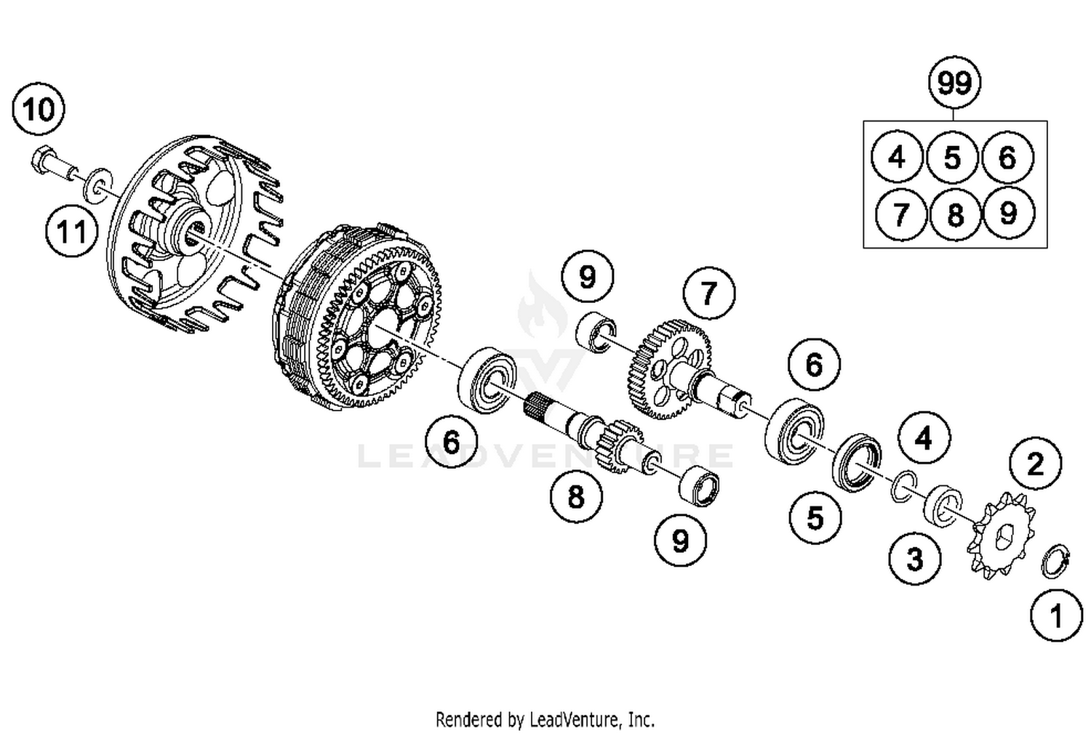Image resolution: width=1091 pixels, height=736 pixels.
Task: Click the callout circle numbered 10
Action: [39, 110]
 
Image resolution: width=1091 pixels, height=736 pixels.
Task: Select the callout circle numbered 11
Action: [71, 232]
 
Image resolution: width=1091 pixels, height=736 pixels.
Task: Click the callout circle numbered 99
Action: [954, 84]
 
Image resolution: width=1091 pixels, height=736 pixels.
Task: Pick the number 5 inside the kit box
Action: [952, 158]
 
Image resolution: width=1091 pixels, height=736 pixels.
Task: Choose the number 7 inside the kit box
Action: [900, 214]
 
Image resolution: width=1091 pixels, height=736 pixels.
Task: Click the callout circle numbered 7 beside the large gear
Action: [709, 294]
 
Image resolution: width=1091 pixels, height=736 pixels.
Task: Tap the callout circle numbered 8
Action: [576, 497]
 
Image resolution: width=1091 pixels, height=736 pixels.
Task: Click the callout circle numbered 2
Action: [1035, 463]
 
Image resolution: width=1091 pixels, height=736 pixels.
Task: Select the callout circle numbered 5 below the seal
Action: [815, 517]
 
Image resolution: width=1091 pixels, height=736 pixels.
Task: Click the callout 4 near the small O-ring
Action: [924, 438]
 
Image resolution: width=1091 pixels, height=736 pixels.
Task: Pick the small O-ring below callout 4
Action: [903, 486]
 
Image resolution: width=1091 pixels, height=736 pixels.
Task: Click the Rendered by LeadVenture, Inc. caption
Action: [545, 720]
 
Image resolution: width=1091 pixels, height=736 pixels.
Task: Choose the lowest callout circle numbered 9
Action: [680, 541]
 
